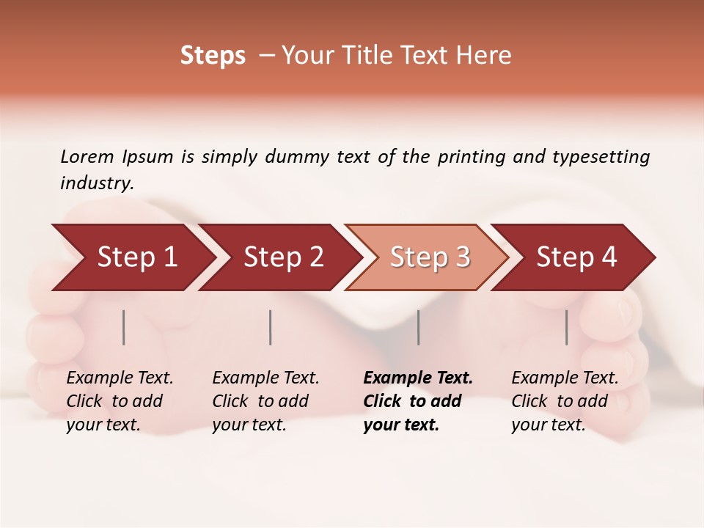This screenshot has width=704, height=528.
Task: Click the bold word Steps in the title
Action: coord(213,56)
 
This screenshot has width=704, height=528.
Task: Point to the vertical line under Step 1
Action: coord(124,327)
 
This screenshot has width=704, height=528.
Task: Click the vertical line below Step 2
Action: coord(271,327)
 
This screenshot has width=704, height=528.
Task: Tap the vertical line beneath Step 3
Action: coord(419,327)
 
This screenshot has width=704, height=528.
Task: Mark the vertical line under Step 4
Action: coord(567,327)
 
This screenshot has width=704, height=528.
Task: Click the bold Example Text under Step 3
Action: coord(418,378)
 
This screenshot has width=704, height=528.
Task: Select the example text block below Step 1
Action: coord(120,401)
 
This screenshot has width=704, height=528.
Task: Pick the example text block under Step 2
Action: coord(265,401)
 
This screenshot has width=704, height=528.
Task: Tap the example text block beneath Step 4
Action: coord(565,401)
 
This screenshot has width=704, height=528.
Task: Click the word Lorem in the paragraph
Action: coord(87,157)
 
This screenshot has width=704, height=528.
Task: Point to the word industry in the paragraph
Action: coord(97,183)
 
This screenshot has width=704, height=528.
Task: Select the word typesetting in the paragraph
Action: coord(601,157)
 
